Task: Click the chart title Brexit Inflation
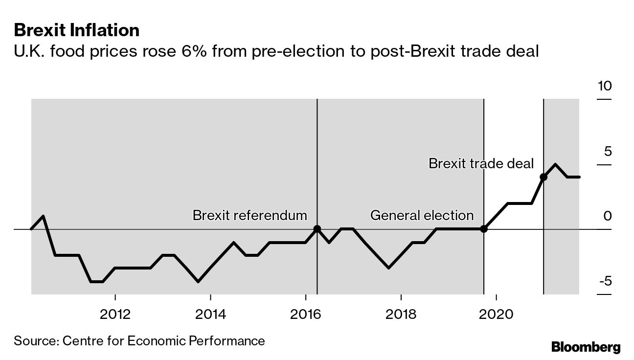[76, 30]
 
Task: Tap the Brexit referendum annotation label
[249, 215]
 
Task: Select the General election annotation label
[422, 215]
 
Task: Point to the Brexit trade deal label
[481, 163]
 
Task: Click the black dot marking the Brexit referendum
[317, 229]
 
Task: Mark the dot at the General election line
[484, 229]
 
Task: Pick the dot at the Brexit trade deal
[543, 177]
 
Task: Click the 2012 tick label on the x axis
[115, 314]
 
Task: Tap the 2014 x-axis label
[210, 314]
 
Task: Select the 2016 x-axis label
[306, 314]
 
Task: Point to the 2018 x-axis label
[401, 314]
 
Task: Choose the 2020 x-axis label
[497, 314]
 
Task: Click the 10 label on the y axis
[605, 87]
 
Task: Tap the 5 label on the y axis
[608, 151]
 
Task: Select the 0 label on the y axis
[608, 216]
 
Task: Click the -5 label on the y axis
[605, 281]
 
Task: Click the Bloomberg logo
[586, 347]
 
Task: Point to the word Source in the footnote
[35, 340]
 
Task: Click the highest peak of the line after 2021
[555, 164]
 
